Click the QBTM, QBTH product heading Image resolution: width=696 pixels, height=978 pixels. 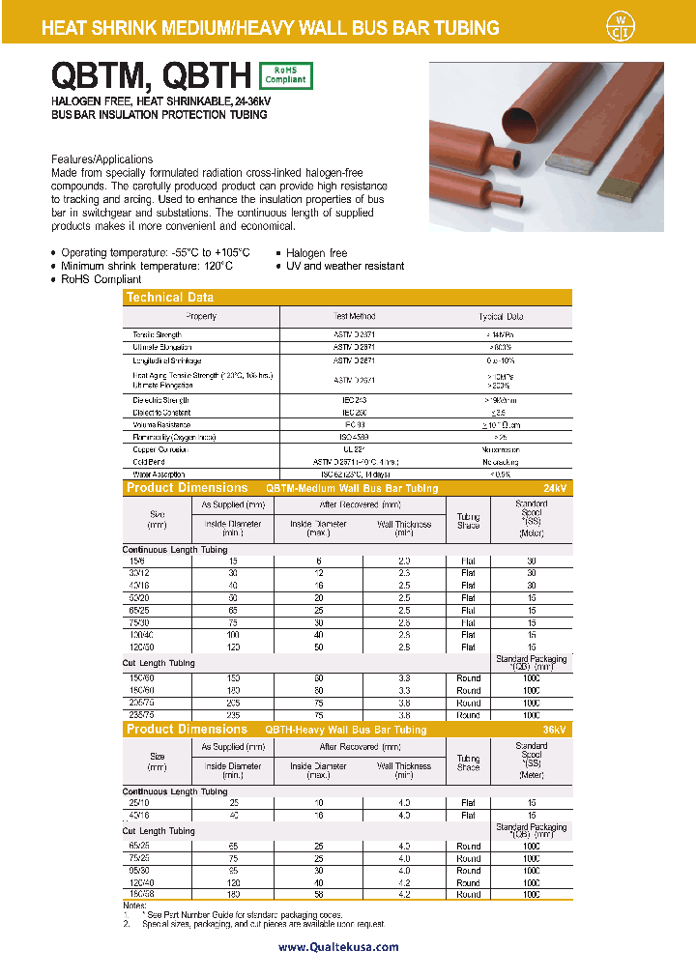[149, 75]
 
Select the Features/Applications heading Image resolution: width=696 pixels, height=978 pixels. [101, 159]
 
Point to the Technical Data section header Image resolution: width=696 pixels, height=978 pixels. [170, 298]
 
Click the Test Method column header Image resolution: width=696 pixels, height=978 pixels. [354, 316]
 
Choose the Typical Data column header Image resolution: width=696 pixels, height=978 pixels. [501, 316]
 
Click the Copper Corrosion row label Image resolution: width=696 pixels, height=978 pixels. [159, 449]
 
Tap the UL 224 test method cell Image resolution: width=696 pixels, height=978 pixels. [354, 449]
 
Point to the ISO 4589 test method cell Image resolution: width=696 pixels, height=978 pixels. [354, 437]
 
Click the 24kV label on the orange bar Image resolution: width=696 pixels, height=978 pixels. [554, 488]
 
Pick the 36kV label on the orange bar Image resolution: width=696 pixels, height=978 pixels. [554, 730]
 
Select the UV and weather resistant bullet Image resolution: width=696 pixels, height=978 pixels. [345, 266]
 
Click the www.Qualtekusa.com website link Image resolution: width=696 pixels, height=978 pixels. [338, 947]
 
